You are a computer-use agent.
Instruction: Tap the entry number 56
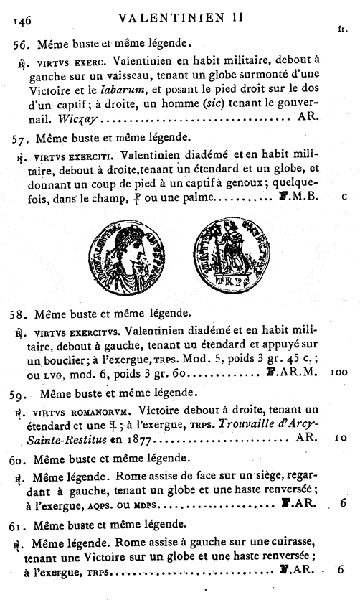click(x=22, y=44)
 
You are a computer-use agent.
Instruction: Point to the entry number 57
click(x=22, y=137)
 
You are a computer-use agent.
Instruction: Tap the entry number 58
click(x=21, y=314)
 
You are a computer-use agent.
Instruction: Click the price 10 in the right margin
click(x=341, y=437)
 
